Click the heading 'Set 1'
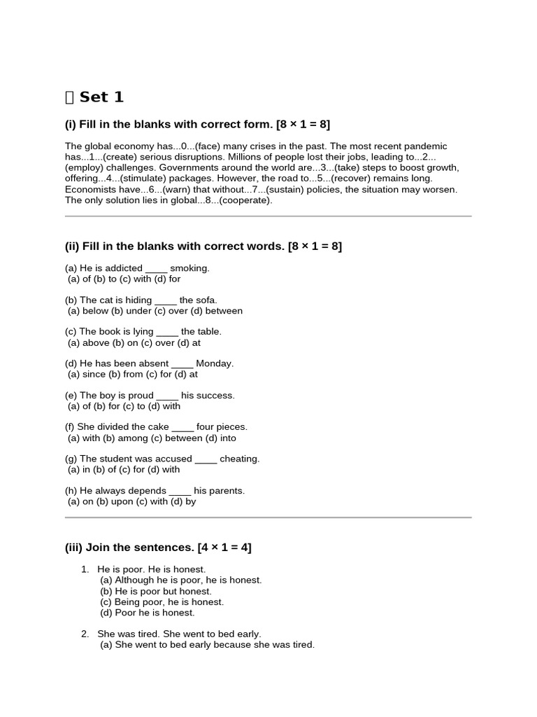(x=101, y=97)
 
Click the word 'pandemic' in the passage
(x=426, y=146)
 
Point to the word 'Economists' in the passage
(x=89, y=190)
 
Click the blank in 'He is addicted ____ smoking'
(x=156, y=268)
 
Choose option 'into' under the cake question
(x=227, y=438)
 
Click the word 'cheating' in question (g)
(x=239, y=459)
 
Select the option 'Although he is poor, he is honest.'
(x=188, y=580)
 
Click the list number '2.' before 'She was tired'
(x=85, y=634)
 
